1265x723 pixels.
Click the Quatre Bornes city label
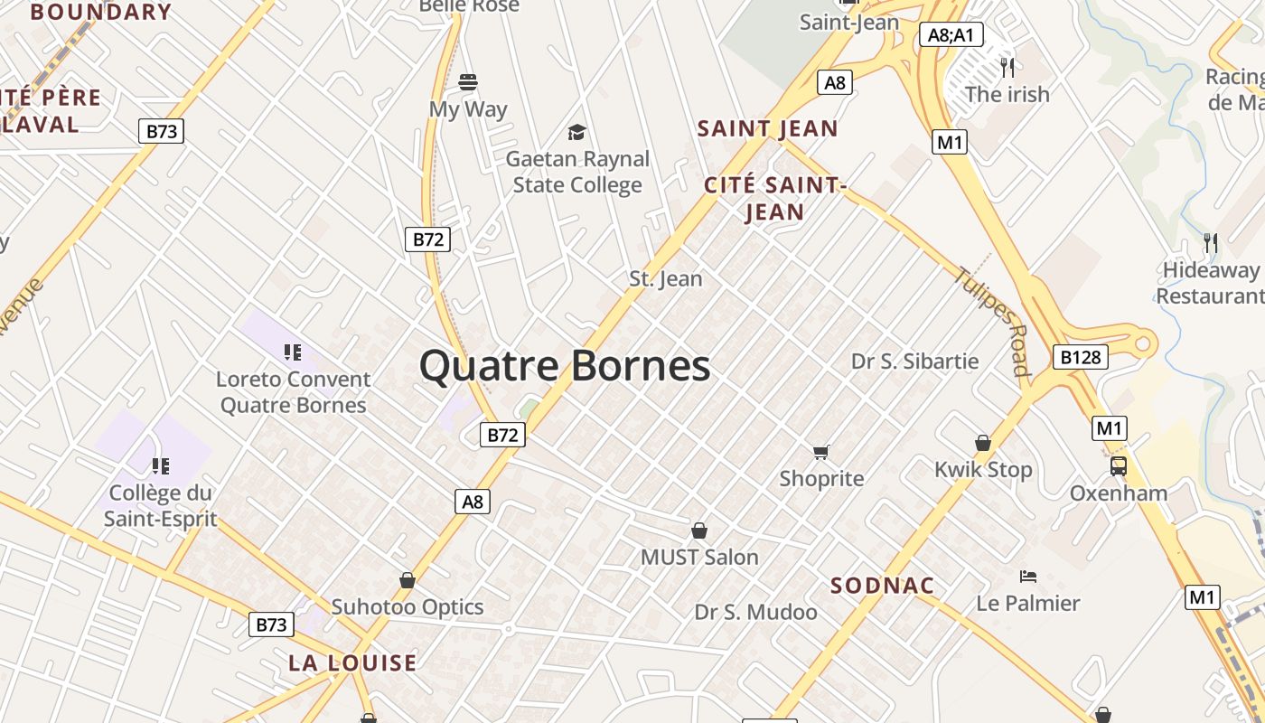pyautogui.click(x=565, y=366)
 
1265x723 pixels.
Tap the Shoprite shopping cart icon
pyautogui.click(x=820, y=452)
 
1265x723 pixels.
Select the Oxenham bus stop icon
pyautogui.click(x=1119, y=466)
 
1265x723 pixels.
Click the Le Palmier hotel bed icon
pyautogui.click(x=1027, y=576)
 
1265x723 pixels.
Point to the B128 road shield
pyautogui.click(x=1080, y=357)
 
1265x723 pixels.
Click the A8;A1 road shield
pyautogui.click(x=951, y=35)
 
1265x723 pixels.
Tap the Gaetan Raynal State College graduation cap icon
pyautogui.click(x=576, y=133)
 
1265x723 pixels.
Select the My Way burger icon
pyautogui.click(x=467, y=82)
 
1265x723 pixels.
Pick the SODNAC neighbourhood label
pyautogui.click(x=882, y=586)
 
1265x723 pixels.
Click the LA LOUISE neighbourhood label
pyautogui.click(x=352, y=662)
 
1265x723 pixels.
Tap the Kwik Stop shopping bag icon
pyautogui.click(x=983, y=443)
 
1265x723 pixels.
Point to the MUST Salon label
pyautogui.click(x=699, y=557)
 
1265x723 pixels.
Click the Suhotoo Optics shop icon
pyautogui.click(x=408, y=580)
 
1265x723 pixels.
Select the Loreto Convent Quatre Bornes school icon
pyautogui.click(x=292, y=352)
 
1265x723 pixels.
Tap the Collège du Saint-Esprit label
pyautogui.click(x=160, y=505)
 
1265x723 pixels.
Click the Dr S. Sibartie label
pyautogui.click(x=914, y=361)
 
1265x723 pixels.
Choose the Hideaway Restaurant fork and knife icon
pyautogui.click(x=1211, y=242)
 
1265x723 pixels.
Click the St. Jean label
pyautogui.click(x=666, y=278)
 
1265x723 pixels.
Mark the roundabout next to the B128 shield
pyautogui.click(x=1144, y=343)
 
